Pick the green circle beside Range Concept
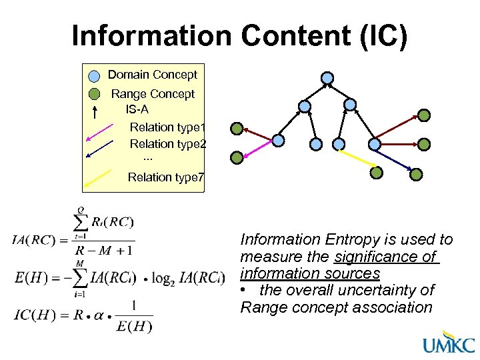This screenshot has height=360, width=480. [x=95, y=94]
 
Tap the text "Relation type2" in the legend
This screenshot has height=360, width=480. [x=168, y=144]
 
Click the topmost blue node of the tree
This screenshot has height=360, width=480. [x=327, y=77]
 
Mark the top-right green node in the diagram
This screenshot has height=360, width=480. [x=424, y=115]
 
